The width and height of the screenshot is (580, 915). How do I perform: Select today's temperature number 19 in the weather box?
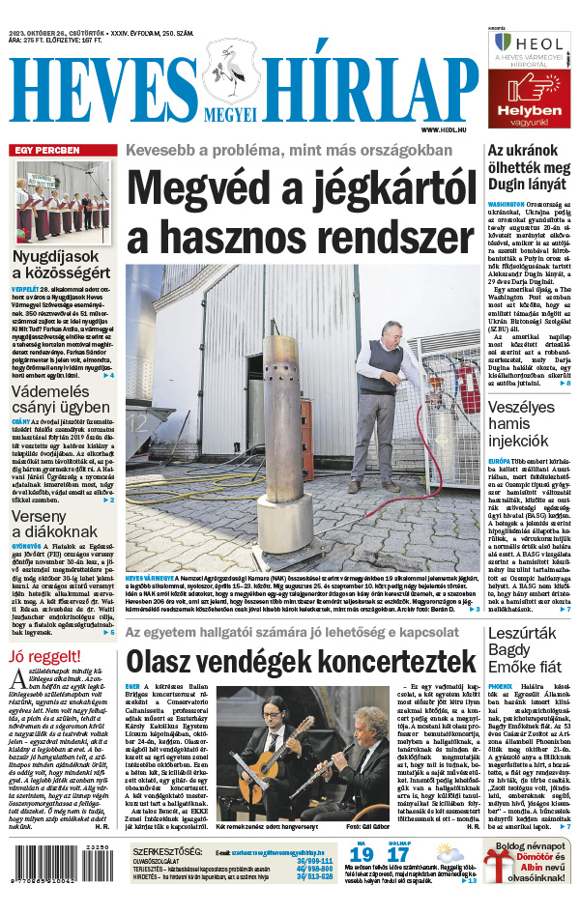click(x=362, y=882)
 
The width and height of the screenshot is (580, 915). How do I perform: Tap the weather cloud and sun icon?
click(x=448, y=878)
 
